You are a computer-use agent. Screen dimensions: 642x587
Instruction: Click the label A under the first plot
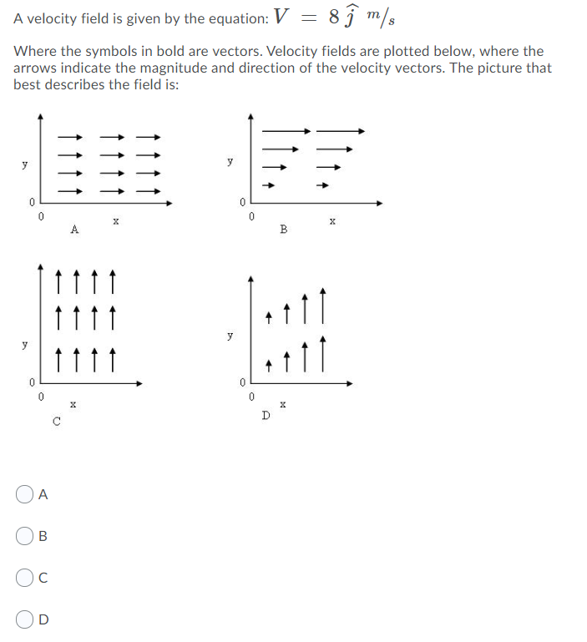[74, 229]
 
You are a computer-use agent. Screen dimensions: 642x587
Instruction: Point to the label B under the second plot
[283, 229]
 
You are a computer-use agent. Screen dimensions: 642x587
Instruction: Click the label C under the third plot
[56, 421]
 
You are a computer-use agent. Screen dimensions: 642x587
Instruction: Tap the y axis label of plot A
[24, 164]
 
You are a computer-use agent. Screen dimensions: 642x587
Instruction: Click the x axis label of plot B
[332, 221]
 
